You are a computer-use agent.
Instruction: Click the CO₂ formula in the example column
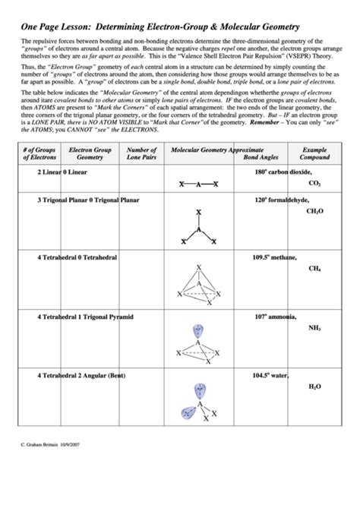314,183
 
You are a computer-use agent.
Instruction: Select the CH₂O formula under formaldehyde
314,211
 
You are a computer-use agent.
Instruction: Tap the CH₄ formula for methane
314,268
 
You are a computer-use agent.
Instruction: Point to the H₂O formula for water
314,387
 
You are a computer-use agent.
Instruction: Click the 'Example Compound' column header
314,154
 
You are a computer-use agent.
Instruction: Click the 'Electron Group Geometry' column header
90,154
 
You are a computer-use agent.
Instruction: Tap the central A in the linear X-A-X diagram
198,185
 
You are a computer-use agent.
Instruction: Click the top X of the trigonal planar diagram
198,213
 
